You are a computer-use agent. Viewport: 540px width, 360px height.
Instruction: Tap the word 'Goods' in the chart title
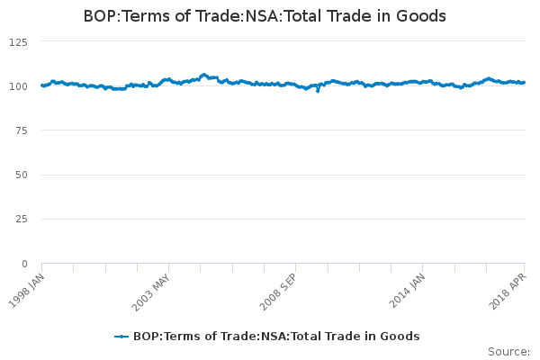422,16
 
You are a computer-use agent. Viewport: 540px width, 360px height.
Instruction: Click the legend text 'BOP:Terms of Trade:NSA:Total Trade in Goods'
276,337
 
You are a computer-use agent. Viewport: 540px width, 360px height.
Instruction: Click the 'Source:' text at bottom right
508,352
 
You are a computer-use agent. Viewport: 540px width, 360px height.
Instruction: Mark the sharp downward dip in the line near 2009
318,91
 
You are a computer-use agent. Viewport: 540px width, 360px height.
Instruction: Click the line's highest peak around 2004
204,75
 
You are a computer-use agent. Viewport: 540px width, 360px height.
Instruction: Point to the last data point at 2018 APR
524,83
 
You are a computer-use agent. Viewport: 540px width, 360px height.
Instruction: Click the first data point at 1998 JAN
42,85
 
